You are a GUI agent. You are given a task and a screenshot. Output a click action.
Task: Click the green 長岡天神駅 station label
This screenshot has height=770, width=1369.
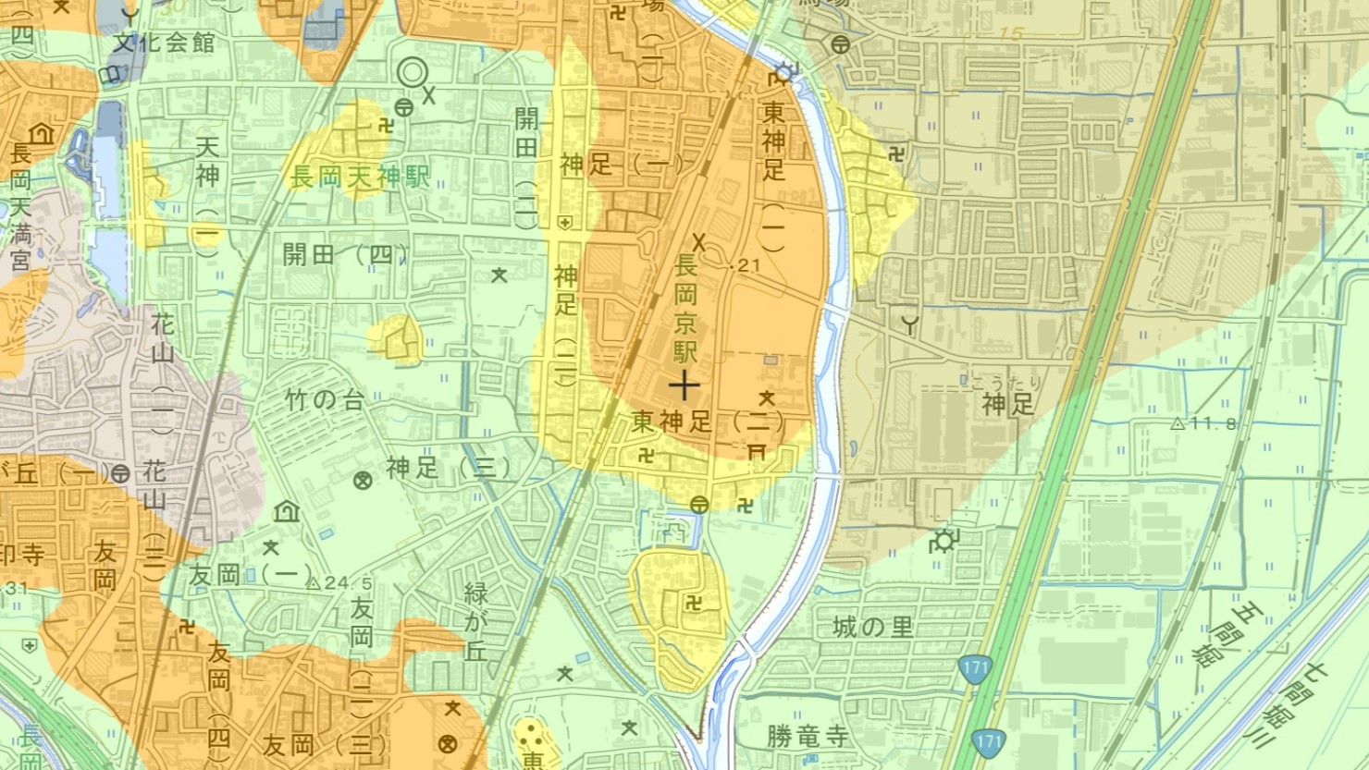(x=360, y=177)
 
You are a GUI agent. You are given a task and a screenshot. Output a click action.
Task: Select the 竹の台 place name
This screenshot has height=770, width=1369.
(x=325, y=400)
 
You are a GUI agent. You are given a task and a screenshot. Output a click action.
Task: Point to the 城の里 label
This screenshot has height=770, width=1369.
(x=872, y=627)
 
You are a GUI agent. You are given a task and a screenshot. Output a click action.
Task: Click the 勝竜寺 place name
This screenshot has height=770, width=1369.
(x=807, y=737)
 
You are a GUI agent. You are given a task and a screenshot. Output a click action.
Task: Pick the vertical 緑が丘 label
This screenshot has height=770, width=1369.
(x=475, y=620)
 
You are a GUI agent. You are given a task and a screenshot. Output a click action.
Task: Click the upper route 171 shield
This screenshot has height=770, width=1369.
(x=975, y=668)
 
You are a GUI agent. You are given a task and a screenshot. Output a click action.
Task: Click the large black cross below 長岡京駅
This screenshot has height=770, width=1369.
(x=684, y=384)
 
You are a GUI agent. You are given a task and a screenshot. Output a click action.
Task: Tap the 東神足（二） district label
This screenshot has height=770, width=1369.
(x=709, y=422)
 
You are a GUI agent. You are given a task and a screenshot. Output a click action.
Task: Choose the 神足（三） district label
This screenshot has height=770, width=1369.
(x=448, y=468)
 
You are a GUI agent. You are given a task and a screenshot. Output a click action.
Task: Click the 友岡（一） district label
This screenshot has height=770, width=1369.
(x=250, y=575)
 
